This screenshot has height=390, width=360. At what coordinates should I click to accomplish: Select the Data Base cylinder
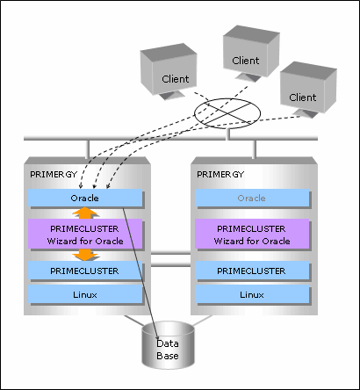pos(169,344)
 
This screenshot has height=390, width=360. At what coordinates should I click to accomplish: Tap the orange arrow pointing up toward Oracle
pos(85,213)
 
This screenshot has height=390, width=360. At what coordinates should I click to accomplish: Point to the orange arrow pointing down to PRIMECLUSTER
pos(85,255)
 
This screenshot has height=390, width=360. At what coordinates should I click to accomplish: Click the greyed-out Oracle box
pos(252,199)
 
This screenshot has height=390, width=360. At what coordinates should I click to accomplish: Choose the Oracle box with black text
pos(85,199)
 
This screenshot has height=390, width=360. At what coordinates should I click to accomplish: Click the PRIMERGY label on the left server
pos(54,175)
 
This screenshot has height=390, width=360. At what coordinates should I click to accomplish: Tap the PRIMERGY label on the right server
pos(220,175)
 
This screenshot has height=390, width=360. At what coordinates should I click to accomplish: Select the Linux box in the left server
pos(85,294)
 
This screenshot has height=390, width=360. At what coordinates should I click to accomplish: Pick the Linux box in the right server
pos(252,294)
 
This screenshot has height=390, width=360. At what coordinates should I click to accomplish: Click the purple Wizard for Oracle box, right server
pos(252,235)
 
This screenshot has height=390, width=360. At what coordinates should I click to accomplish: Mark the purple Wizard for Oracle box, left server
pos(85,235)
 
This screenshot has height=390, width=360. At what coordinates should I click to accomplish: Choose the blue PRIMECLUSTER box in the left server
pos(85,271)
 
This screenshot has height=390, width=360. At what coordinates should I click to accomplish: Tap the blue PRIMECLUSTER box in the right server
pos(252,271)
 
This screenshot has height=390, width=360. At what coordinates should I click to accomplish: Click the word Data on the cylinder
pos(168,343)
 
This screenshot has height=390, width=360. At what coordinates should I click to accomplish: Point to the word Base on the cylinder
pos(168,356)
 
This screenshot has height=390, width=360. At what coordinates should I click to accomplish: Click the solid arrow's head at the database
pos(158,339)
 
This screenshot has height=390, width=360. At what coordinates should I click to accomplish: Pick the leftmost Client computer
pos(169,71)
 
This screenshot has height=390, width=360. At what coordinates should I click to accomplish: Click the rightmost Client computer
pos(308,90)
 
